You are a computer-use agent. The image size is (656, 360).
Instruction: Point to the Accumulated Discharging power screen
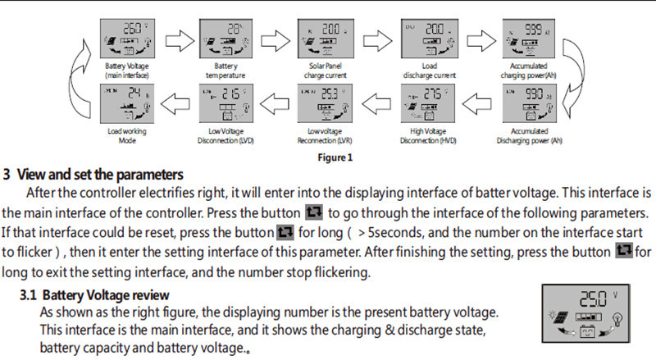tap(529, 102)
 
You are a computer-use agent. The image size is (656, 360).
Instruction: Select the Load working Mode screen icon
tap(124, 102)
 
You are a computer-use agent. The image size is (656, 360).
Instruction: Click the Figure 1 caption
tap(335, 157)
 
